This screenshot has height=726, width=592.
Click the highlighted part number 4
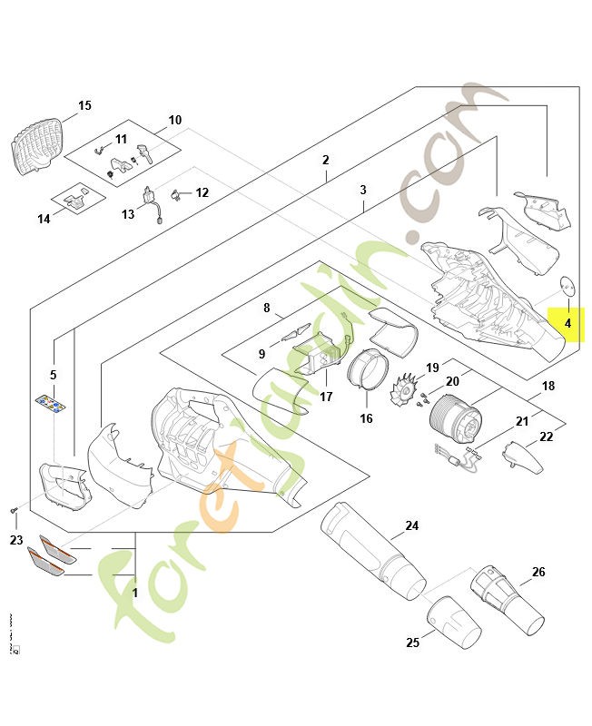pyautogui.click(x=567, y=322)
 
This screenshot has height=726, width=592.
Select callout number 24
pyautogui.click(x=411, y=525)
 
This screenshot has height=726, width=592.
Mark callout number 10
pyautogui.click(x=175, y=120)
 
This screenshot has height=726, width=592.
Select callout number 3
pyautogui.click(x=362, y=190)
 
